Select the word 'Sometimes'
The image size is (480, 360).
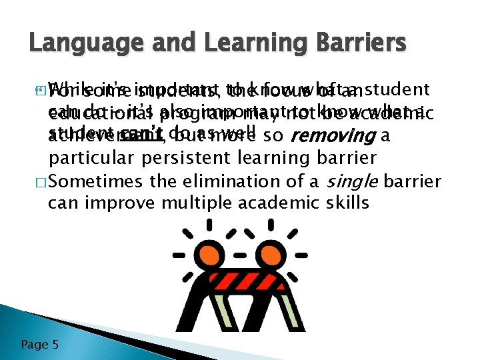pyautogui.click(x=99, y=181)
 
